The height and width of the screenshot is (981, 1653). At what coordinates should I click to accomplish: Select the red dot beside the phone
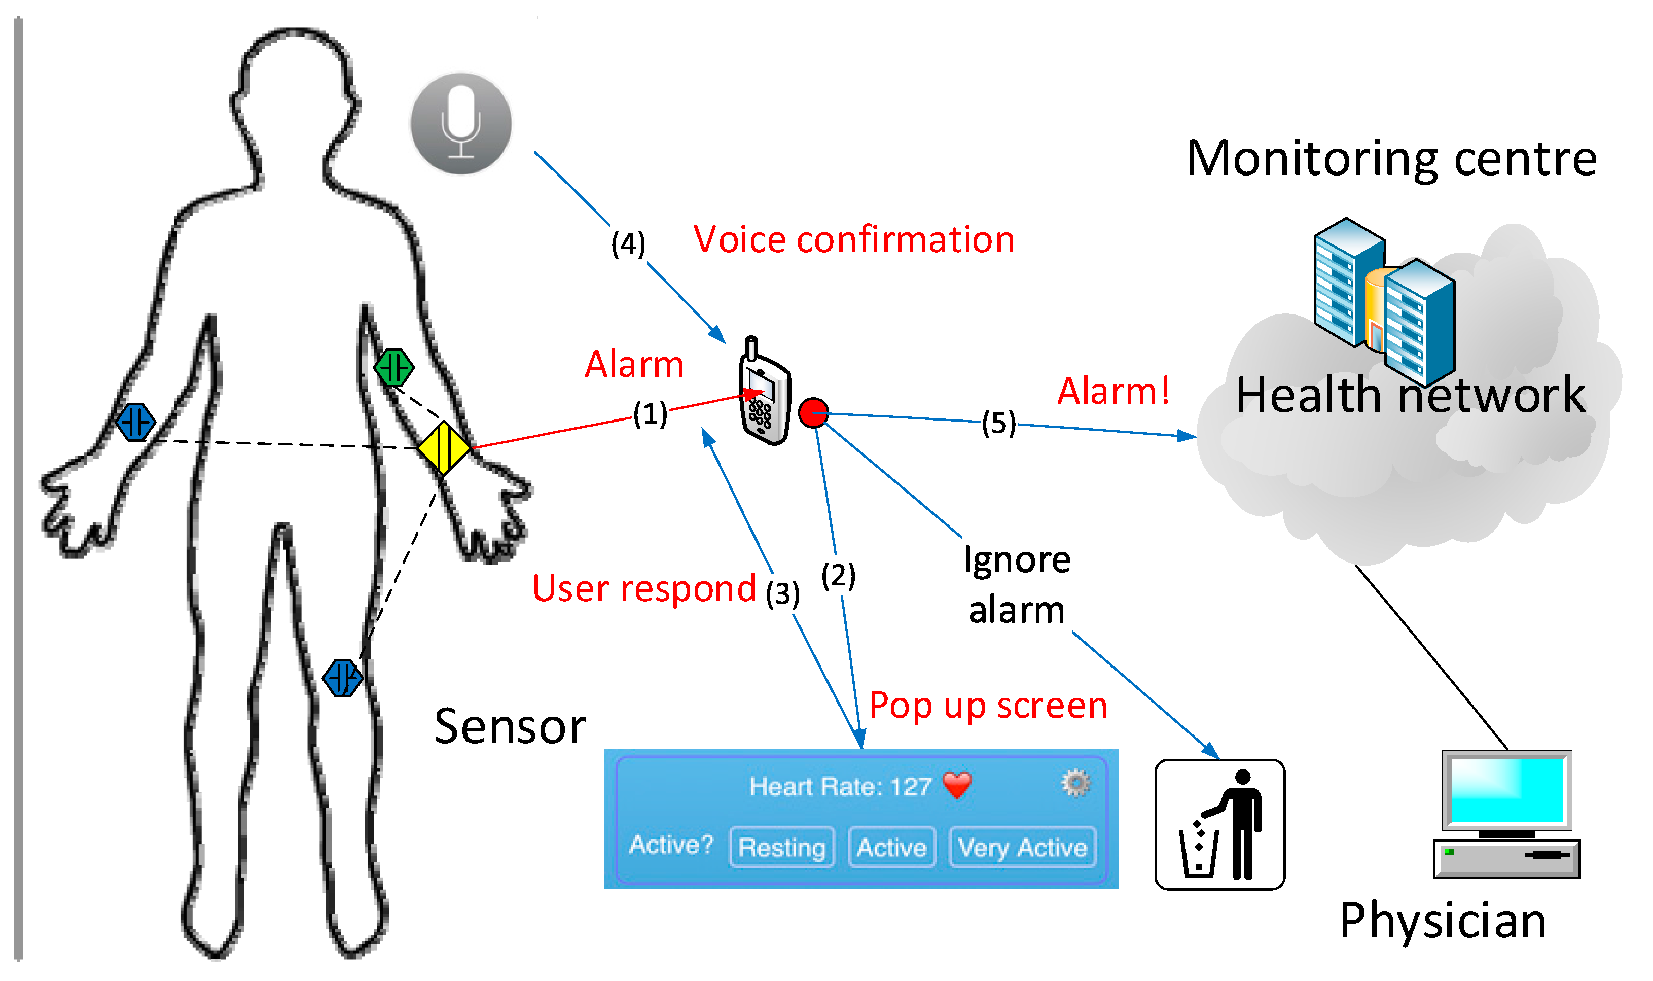(x=813, y=412)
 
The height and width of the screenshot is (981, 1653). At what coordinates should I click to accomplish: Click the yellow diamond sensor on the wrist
(x=443, y=448)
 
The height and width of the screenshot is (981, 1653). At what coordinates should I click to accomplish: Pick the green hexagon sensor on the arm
(x=394, y=368)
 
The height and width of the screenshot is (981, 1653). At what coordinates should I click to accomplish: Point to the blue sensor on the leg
(x=342, y=678)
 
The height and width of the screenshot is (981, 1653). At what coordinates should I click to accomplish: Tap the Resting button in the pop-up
(x=781, y=847)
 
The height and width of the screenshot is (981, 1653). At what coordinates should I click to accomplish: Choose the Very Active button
(x=1022, y=847)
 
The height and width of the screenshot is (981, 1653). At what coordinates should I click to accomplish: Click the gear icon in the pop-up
(x=1075, y=783)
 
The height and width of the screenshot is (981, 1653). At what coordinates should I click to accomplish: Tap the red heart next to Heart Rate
(x=957, y=785)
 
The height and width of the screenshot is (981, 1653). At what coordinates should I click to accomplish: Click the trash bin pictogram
(x=1219, y=825)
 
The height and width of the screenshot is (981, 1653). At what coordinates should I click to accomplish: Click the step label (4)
(x=628, y=243)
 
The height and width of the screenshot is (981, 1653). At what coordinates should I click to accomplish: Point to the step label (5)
(x=998, y=423)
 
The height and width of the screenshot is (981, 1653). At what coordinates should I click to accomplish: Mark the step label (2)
(x=838, y=575)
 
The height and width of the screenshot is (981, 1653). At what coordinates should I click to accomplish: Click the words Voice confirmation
(x=853, y=239)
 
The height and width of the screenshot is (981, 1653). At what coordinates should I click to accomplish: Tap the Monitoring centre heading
(x=1391, y=159)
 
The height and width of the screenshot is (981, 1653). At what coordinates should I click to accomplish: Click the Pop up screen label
(x=988, y=706)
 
